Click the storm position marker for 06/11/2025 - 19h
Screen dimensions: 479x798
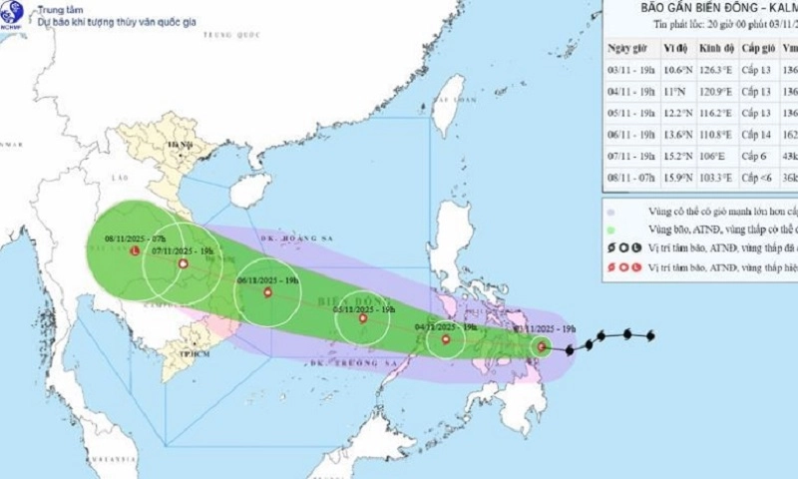(x=266, y=293)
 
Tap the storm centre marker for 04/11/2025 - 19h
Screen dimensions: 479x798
(x=446, y=340)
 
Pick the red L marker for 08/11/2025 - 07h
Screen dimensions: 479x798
(x=135, y=251)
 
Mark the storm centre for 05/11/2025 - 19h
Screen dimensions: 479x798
(x=363, y=319)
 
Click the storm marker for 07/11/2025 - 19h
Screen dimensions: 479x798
(x=183, y=264)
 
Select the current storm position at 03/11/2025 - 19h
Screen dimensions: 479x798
(x=542, y=347)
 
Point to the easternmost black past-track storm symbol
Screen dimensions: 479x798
(x=650, y=334)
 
